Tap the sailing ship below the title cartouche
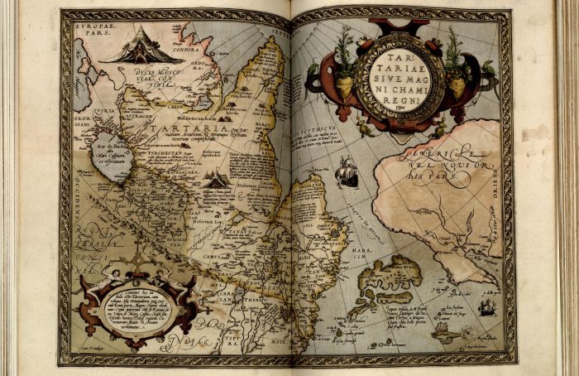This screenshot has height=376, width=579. [x=347, y=171]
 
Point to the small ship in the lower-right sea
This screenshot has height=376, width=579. [x=487, y=306]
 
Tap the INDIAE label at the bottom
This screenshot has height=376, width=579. [x=196, y=341]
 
